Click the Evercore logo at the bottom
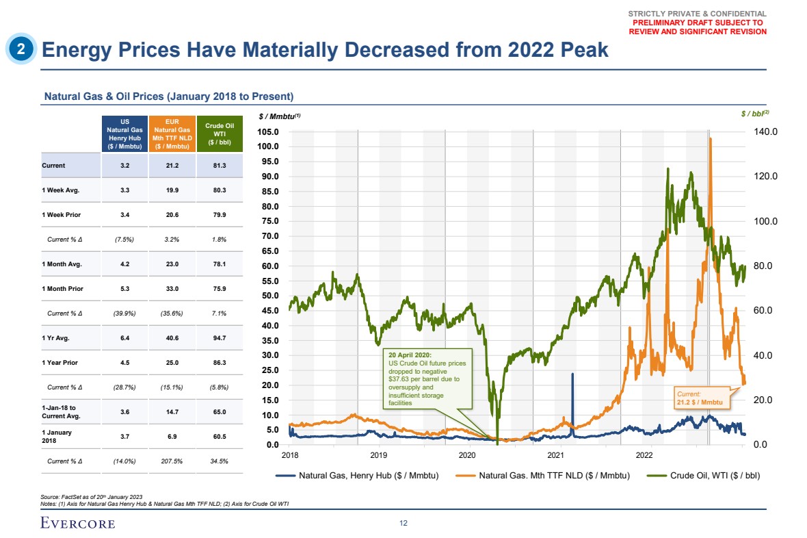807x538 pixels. tap(77, 524)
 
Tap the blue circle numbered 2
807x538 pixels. tap(21, 49)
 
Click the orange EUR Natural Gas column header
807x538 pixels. tap(172, 133)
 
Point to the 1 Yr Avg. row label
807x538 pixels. tap(55, 337)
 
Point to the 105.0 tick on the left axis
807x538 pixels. tap(268, 131)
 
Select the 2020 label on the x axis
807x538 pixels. tap(467, 454)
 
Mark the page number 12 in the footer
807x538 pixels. tap(403, 523)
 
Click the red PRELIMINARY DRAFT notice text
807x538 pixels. tap(698, 27)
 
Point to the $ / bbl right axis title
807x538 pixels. tap(755, 114)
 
